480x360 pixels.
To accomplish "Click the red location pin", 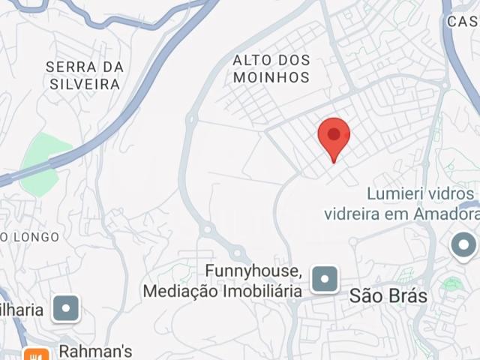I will coord(334,136).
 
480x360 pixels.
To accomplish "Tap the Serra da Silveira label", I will coord(85,75).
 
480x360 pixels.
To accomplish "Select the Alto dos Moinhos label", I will coord(271,68).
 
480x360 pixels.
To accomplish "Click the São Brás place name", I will coord(388,296).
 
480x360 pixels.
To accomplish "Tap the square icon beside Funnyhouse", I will coord(325,279).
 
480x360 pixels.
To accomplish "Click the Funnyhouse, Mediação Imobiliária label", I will coord(223,280).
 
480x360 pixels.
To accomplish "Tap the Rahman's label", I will coord(96,351).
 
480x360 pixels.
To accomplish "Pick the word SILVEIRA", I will coord(85,84).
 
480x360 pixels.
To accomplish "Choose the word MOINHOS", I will coord(271,77).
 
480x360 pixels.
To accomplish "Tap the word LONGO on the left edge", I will coord(36,237).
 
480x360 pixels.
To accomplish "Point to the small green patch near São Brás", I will coord(451,284).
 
